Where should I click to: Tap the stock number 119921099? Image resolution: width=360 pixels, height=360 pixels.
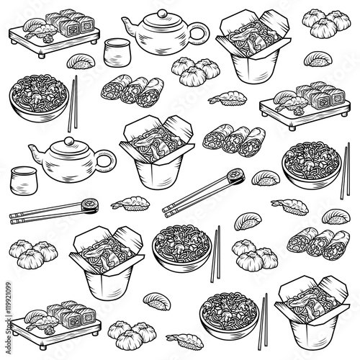pos(9,299)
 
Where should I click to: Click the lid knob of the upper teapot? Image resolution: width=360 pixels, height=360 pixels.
pos(163,13)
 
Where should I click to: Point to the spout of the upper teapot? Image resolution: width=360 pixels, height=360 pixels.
pos(129,27)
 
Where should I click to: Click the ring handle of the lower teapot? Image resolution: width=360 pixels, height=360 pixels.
pos(106,160)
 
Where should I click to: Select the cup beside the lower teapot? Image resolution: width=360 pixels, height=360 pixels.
pos(24,181)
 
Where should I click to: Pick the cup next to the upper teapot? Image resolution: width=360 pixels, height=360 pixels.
pos(117,53)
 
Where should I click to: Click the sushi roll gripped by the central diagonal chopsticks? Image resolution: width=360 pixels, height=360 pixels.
pos(236,176)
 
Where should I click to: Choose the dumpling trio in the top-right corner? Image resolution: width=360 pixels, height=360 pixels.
pos(326,23)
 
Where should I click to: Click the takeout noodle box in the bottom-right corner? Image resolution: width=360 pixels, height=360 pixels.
pos(312,312)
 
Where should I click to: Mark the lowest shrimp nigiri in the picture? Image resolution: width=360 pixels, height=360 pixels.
pos(185,340)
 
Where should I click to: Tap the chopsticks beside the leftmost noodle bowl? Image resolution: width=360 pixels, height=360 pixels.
pos(73,104)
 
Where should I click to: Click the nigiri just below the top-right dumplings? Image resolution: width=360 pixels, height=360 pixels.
pos(318,59)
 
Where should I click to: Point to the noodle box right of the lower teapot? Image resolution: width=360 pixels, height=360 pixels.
pos(157,153)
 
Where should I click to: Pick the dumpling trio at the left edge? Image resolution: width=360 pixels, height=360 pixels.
pos(33,254)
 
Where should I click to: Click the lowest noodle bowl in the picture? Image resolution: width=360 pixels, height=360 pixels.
pos(229,315)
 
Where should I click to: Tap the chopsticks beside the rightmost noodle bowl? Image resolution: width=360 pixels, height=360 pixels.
pos(345,171)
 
